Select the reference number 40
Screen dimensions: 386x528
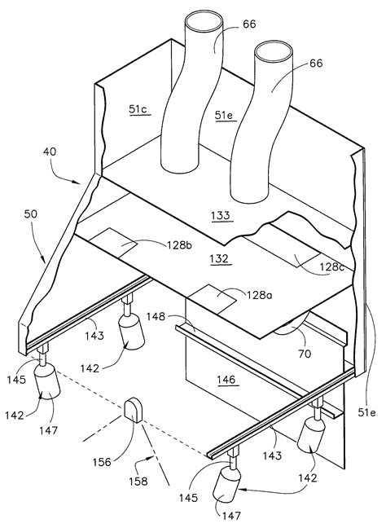pos(50,152)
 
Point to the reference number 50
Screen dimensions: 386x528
pos(31,213)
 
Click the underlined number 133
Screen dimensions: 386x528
pos(221,215)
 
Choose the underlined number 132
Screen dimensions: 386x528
pos(219,258)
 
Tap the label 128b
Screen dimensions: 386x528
pos(179,244)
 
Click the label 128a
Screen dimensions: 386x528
pos(260,295)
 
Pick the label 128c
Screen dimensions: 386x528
pos(331,266)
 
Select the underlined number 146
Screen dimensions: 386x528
pos(226,380)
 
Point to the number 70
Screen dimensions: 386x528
pos(304,354)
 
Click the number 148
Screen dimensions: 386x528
pos(156,316)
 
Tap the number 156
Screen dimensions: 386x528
pos(102,462)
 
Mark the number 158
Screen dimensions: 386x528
pos(138,482)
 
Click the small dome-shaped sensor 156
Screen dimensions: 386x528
pos(134,410)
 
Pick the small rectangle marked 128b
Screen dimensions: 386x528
pos(113,242)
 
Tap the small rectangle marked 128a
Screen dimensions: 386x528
pos(213,299)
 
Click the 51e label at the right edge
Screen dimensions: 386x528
pos(366,411)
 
